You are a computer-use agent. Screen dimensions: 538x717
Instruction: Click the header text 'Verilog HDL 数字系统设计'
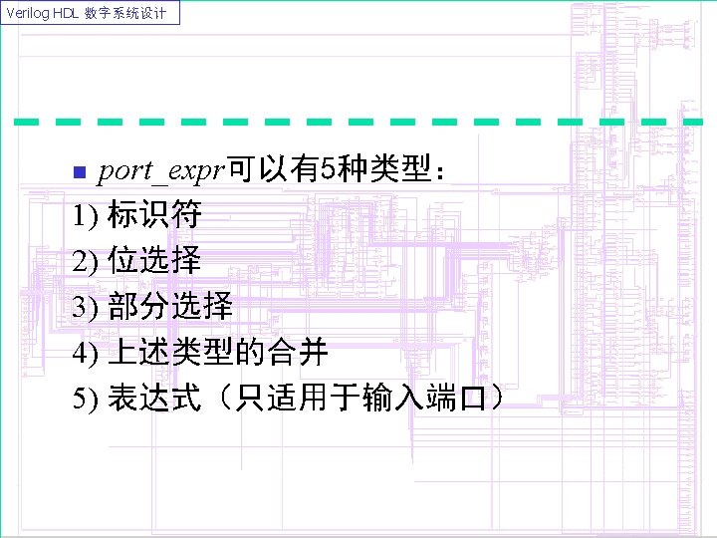[91, 13]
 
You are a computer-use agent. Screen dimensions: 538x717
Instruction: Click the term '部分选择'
[170, 307]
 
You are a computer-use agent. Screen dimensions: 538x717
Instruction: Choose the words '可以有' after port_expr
[273, 171]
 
